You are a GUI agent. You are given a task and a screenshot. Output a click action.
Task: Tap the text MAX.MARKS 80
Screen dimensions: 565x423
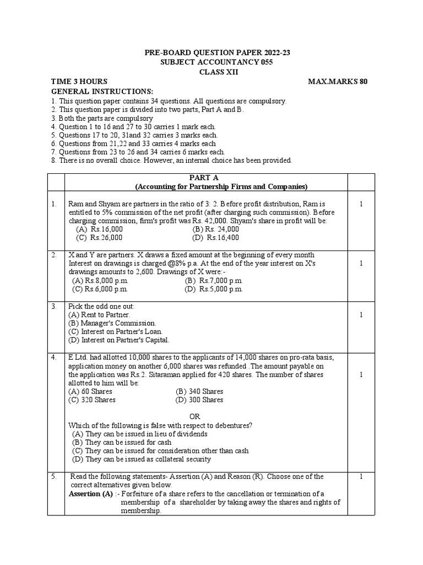[338, 82]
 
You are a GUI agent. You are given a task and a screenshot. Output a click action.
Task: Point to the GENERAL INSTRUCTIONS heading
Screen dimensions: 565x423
[102, 91]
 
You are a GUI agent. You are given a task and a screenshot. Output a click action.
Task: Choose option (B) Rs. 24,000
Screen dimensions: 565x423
[216, 229]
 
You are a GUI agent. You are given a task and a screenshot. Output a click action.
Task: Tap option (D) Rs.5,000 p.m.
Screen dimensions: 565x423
[214, 289]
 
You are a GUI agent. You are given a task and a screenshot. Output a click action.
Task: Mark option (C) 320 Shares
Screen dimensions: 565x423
[92, 399]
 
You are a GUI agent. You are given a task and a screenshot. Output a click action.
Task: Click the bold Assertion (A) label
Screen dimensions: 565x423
[90, 493]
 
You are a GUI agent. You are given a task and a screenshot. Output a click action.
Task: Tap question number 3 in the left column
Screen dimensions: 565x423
[54, 306]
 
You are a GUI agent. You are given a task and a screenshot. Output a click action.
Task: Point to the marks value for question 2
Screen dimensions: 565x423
[361, 263]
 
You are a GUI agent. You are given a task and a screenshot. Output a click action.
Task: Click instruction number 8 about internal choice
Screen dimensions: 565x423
[171, 161]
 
